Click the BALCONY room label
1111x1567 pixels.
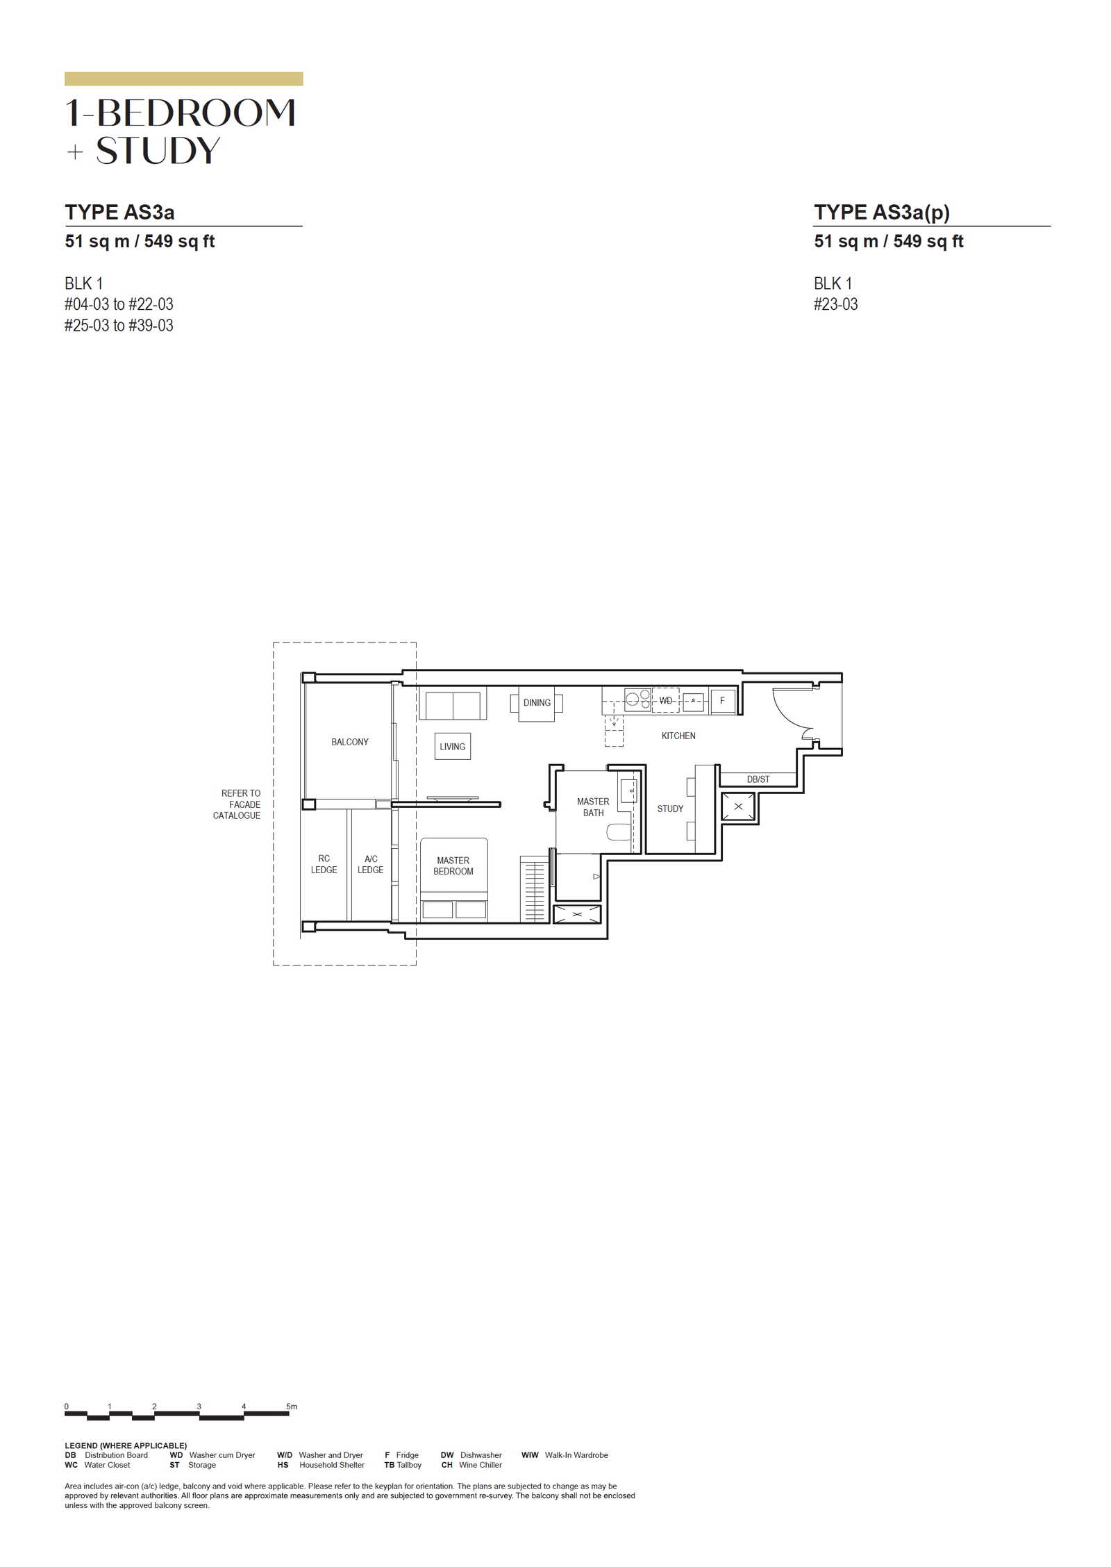(349, 742)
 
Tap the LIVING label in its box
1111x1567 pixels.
(452, 747)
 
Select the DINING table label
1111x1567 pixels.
(537, 702)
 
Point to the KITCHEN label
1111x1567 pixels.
(678, 736)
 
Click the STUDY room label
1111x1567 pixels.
(670, 809)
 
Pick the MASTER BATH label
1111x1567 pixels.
(593, 807)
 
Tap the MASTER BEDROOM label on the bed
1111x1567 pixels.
(453, 865)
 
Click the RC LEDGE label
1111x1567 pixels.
(324, 864)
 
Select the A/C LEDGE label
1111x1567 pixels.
(370, 864)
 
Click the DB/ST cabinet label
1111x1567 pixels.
(758, 779)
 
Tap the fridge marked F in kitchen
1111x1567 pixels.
(722, 701)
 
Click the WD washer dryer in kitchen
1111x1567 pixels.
(665, 700)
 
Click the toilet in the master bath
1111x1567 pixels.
(618, 831)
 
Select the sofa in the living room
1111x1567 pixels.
(453, 703)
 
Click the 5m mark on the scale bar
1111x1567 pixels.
(292, 1407)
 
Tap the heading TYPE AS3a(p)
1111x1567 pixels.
(882, 212)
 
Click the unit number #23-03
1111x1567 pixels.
(835, 304)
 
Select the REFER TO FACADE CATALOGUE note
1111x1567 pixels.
(237, 804)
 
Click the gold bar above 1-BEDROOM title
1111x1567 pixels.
(184, 79)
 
